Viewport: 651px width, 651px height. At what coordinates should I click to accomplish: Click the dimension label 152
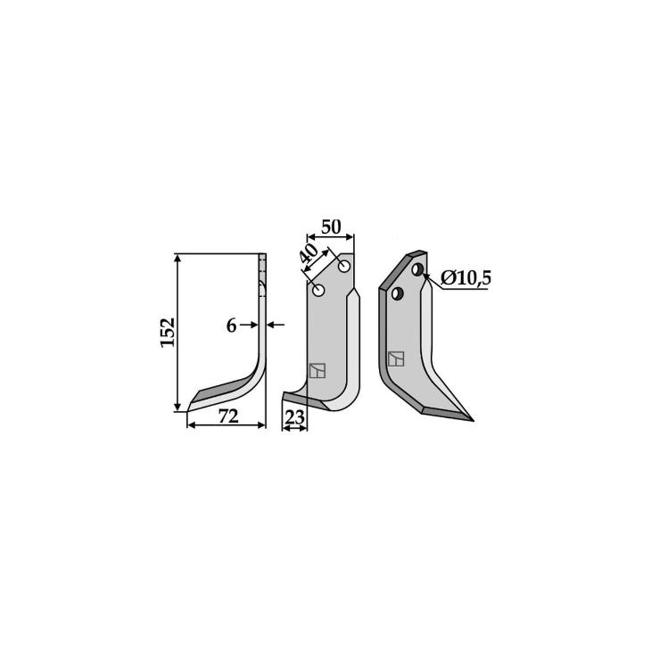168,333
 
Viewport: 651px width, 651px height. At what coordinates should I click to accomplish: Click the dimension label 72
228,416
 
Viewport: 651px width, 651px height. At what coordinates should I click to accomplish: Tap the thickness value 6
231,325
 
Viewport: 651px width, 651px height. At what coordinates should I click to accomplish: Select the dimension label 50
331,227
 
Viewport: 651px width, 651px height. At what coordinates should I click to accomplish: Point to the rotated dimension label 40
309,254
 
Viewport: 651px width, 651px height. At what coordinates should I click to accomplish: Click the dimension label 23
295,417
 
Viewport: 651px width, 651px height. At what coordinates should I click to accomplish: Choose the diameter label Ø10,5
466,277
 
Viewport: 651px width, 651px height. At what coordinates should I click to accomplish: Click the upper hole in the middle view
344,267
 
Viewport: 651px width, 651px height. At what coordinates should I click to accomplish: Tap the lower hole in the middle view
318,290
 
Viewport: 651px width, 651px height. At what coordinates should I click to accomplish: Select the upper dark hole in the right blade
417,269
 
